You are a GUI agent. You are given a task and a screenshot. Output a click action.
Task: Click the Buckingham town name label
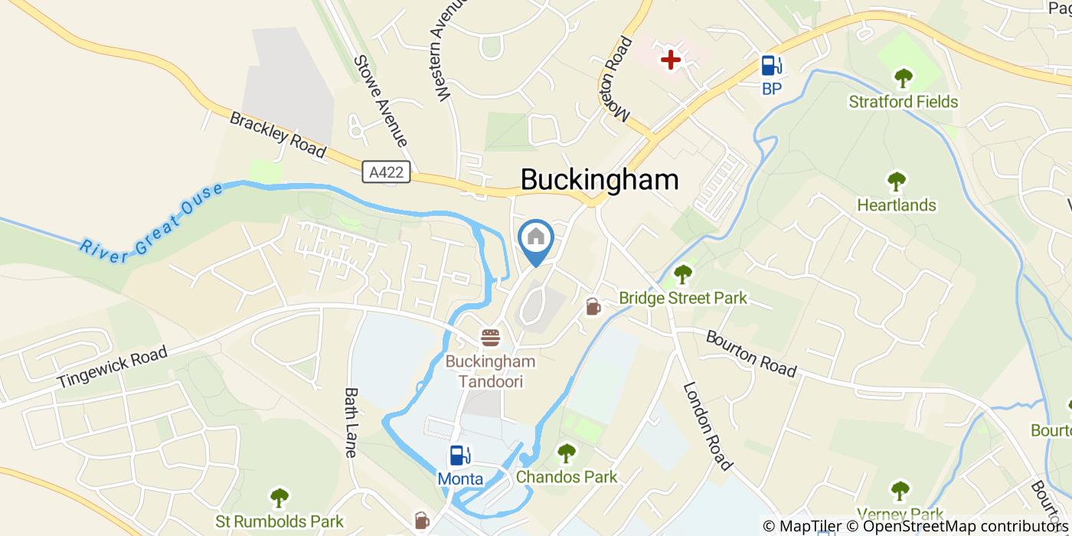[600, 179]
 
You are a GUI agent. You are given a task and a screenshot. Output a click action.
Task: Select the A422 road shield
[387, 172]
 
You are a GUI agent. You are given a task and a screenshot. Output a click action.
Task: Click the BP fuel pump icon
[771, 66]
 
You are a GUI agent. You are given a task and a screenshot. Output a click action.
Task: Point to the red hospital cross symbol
[671, 59]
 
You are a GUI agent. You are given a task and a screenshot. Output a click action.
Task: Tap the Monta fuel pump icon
[459, 456]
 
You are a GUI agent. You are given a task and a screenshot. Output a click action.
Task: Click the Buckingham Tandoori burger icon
[490, 337]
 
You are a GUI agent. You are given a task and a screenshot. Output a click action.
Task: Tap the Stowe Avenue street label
[381, 100]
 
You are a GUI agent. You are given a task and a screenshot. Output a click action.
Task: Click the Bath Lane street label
[351, 422]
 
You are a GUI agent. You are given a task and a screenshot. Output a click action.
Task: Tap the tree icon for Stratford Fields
[904, 78]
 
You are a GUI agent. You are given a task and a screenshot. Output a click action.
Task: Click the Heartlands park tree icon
[897, 182]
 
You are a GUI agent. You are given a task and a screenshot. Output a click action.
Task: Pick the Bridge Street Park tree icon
[682, 273]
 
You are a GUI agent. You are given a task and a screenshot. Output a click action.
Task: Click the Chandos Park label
[567, 477]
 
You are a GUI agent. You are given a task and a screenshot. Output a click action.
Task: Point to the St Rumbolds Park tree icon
[279, 498]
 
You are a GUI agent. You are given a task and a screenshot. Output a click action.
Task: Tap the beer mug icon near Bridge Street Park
[593, 307]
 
